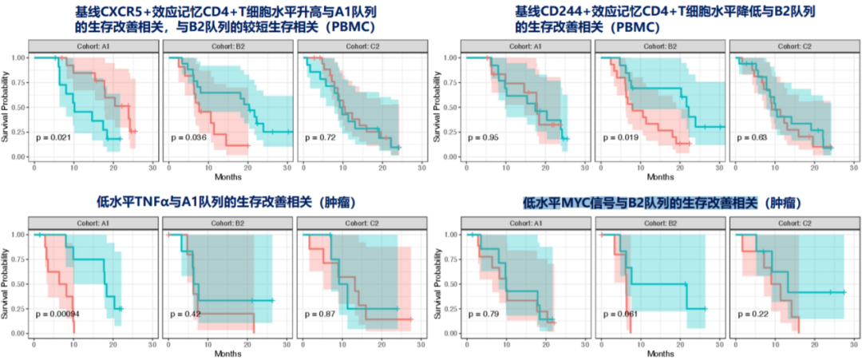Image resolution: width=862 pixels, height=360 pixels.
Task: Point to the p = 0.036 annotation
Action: pyautogui.click(x=188, y=137)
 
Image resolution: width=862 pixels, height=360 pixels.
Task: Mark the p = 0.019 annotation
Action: pyautogui.click(x=619, y=137)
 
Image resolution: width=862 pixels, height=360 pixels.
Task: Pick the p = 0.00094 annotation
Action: pyautogui.click(x=57, y=314)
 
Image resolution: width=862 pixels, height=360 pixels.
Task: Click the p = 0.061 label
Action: pyautogui.click(x=619, y=314)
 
